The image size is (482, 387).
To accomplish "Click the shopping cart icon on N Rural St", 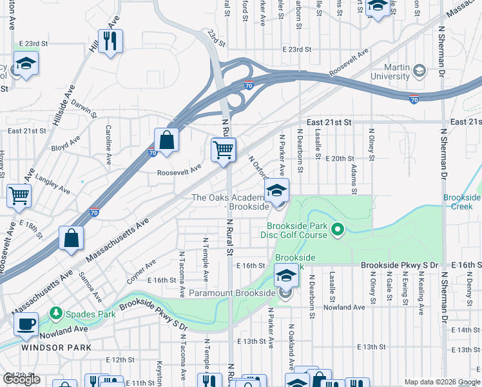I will coord(223,150).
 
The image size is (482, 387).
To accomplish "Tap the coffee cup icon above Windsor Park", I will coord(26,324).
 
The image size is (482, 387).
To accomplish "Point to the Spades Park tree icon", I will coord(57,313).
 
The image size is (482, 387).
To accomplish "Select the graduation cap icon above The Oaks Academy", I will coord(276,190).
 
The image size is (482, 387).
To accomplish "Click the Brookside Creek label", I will coord(461,201).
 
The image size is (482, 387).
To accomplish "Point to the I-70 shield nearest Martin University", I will coord(414,99).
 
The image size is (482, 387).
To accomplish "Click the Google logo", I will coord(21,380).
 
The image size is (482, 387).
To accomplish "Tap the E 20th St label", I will coord(340,158).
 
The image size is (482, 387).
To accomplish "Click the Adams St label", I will coord(354,179).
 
